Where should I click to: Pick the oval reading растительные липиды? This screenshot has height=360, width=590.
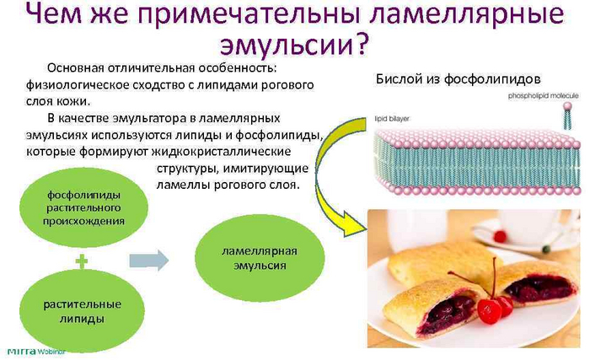tap(82, 311)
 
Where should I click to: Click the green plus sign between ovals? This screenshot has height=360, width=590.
tap(82, 262)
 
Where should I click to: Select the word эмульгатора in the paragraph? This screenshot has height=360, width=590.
tap(156, 117)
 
